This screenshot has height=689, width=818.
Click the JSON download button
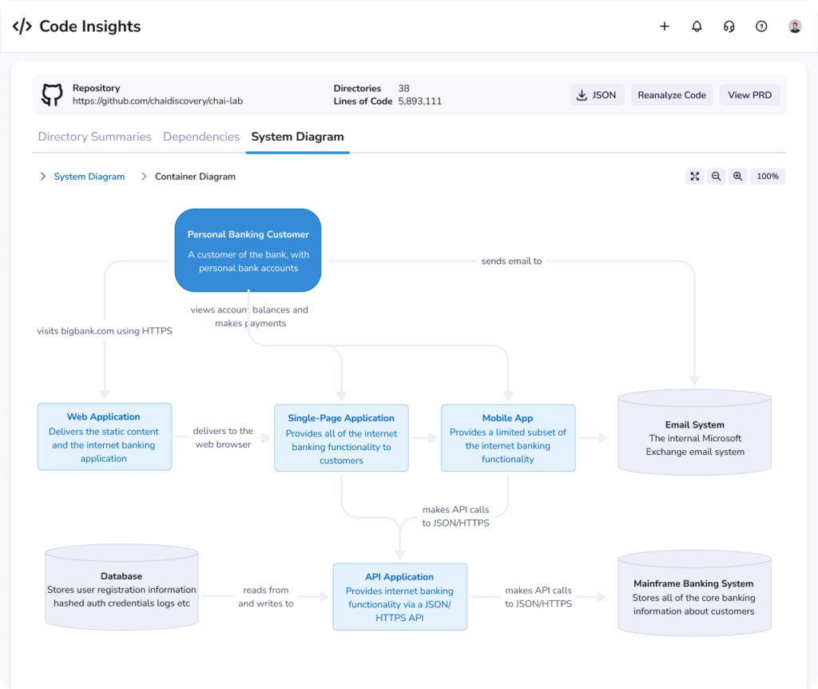[597, 95]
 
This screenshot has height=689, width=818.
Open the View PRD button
[749, 95]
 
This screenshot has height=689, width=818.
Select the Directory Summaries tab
[94, 137]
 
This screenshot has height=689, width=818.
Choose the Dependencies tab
[201, 137]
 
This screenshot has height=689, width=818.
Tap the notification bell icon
[697, 26]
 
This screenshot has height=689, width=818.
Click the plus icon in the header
[665, 26]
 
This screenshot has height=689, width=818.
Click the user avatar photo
[795, 26]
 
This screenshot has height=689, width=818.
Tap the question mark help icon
[761, 26]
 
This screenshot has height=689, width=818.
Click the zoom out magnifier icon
[717, 177]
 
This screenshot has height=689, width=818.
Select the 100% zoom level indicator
[768, 177]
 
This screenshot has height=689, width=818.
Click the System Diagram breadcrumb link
[89, 177]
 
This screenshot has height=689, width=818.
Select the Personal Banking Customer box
[248, 250]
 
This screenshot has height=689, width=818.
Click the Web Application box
[105, 436]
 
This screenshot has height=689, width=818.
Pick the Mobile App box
[508, 438]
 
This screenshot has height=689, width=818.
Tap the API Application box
[399, 596]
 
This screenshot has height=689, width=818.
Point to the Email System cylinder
[694, 432]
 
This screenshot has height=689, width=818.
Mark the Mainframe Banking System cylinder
[694, 593]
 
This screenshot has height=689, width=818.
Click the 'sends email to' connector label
[511, 261]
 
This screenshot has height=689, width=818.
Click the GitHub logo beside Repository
[52, 95]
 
